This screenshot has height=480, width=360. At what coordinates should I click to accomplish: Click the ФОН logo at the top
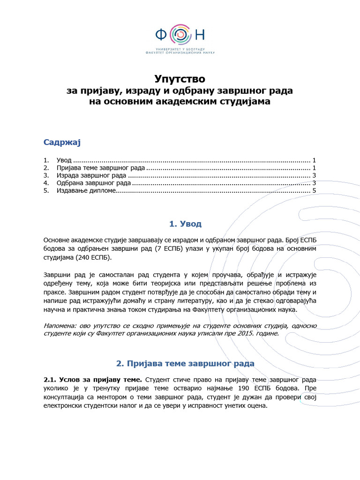coord(180,35)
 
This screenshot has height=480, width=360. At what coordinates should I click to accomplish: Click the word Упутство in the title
coord(180,79)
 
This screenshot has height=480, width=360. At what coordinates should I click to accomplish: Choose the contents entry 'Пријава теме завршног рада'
coord(101,167)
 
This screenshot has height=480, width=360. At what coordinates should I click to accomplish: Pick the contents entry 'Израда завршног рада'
coord(91,175)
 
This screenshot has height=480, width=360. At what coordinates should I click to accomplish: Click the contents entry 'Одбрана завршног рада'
coord(93,183)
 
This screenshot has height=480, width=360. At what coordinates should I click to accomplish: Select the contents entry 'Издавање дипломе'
coord(86,191)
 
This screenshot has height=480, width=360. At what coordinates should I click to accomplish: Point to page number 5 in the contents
coord(315,191)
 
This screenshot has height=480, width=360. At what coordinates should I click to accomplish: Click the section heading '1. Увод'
coord(180,224)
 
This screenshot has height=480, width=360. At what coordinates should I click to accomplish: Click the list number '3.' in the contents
coord(46,175)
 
